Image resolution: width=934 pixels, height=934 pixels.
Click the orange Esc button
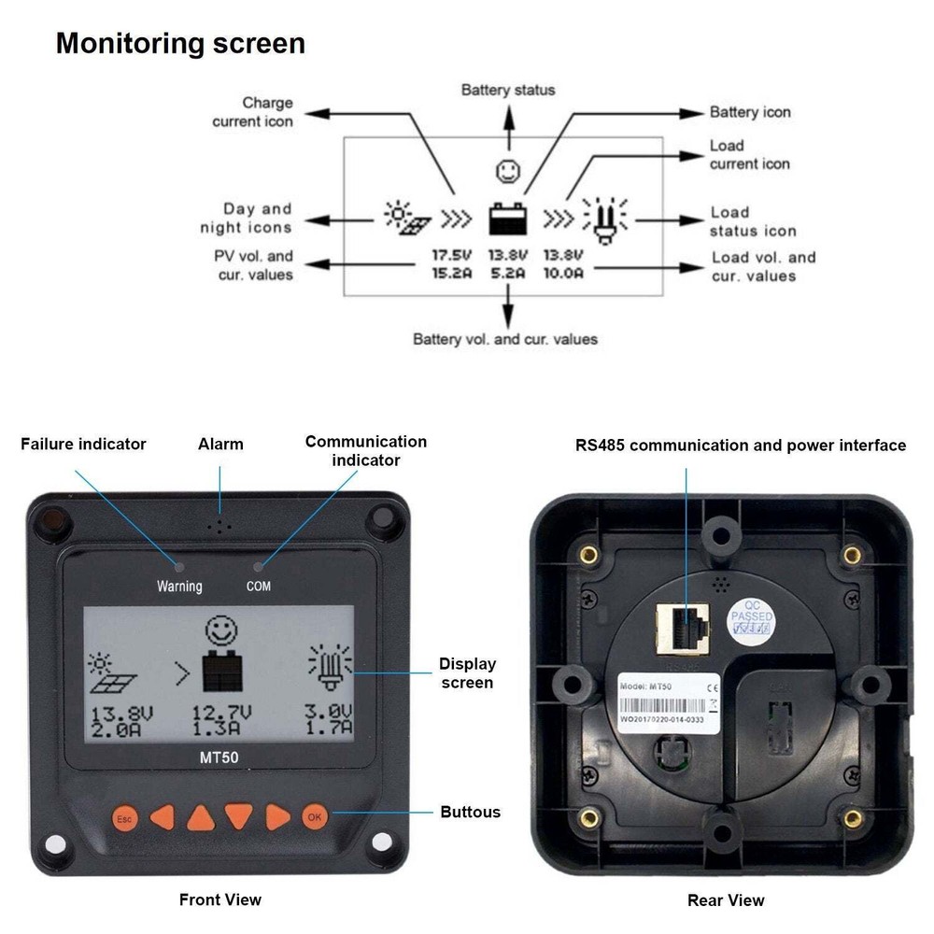pos(124,818)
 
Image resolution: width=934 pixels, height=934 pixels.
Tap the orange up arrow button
pos(201,818)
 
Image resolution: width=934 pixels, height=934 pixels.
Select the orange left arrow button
pos(163,817)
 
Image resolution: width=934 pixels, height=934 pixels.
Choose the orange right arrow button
pos(277,817)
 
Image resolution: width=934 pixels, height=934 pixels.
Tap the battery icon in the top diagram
pos(509,219)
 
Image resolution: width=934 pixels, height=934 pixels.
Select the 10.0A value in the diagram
pos(563,273)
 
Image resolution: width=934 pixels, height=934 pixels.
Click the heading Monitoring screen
pos(180,44)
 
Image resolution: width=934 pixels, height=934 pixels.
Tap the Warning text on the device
pos(178,587)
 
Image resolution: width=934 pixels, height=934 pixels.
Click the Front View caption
pos(220,899)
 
